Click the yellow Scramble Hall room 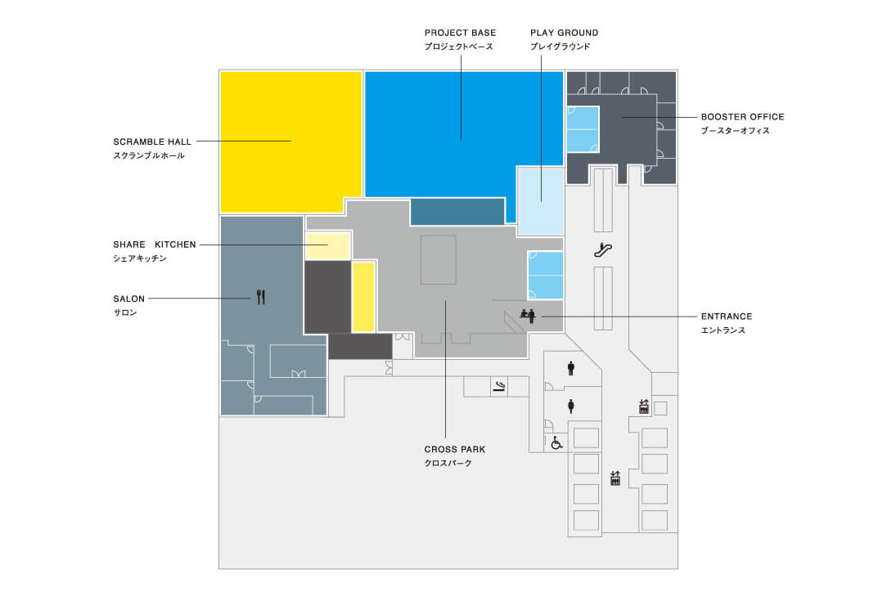[290, 141]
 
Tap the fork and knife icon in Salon [261, 297]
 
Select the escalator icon [603, 249]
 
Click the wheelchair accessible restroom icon [556, 442]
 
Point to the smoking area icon [499, 387]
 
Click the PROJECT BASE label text [460, 33]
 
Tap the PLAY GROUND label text [564, 33]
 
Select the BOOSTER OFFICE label [742, 117]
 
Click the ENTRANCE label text [727, 316]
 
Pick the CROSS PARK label [455, 449]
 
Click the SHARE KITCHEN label [155, 245]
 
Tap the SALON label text [128, 298]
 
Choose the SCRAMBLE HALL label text [152, 141]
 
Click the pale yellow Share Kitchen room [327, 246]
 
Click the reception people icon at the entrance [528, 316]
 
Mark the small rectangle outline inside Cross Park [439, 260]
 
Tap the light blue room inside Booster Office [583, 129]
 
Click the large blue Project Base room [463, 134]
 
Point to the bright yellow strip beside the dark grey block [362, 297]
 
